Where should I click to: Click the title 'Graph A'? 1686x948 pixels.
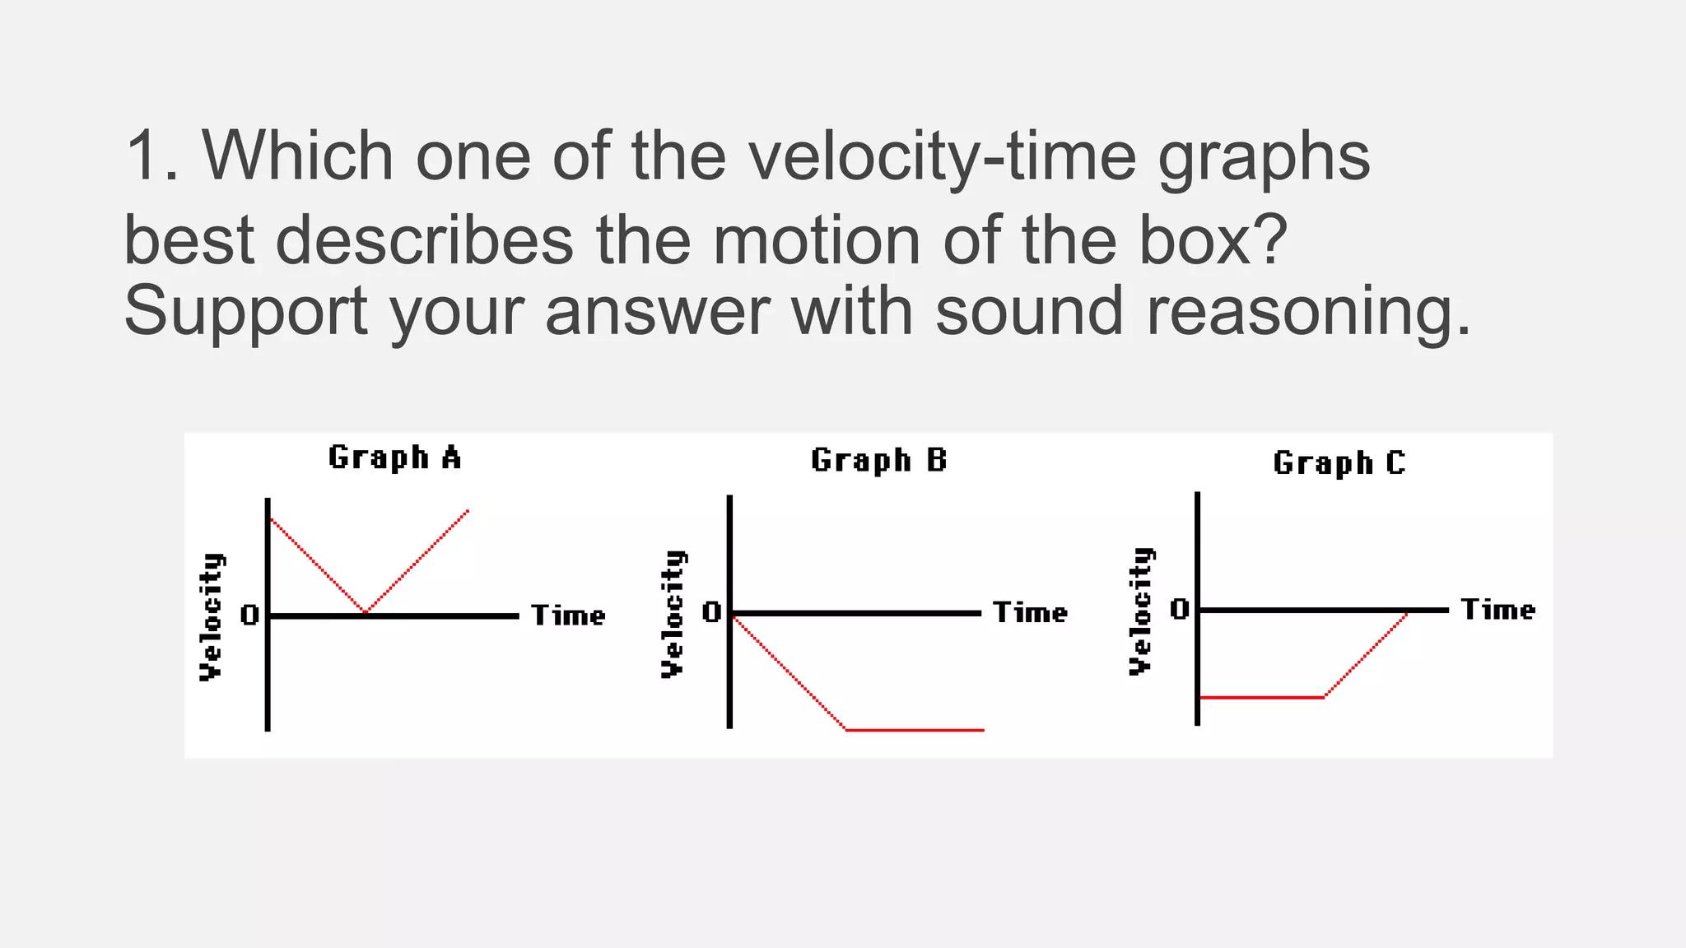click(394, 458)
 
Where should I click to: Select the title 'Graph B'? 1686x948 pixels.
click(878, 460)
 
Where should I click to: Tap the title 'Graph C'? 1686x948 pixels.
click(1339, 463)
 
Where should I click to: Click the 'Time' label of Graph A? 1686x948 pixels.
click(568, 616)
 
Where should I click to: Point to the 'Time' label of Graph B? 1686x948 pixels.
click(1030, 613)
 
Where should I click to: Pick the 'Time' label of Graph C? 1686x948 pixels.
click(1497, 610)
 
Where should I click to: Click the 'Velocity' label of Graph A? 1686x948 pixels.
click(212, 616)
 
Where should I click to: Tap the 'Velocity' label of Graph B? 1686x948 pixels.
click(673, 614)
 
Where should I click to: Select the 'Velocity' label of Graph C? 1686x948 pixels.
click(1141, 611)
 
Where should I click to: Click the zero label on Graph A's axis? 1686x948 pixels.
click(249, 615)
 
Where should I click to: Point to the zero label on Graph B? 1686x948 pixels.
click(711, 612)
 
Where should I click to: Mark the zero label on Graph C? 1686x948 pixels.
click(1179, 609)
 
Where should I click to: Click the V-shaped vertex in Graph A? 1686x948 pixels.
click(366, 612)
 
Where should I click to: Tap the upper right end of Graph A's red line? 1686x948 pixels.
click(468, 511)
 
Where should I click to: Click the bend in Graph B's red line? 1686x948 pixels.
click(846, 729)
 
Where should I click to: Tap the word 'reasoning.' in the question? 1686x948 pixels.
click(1308, 311)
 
